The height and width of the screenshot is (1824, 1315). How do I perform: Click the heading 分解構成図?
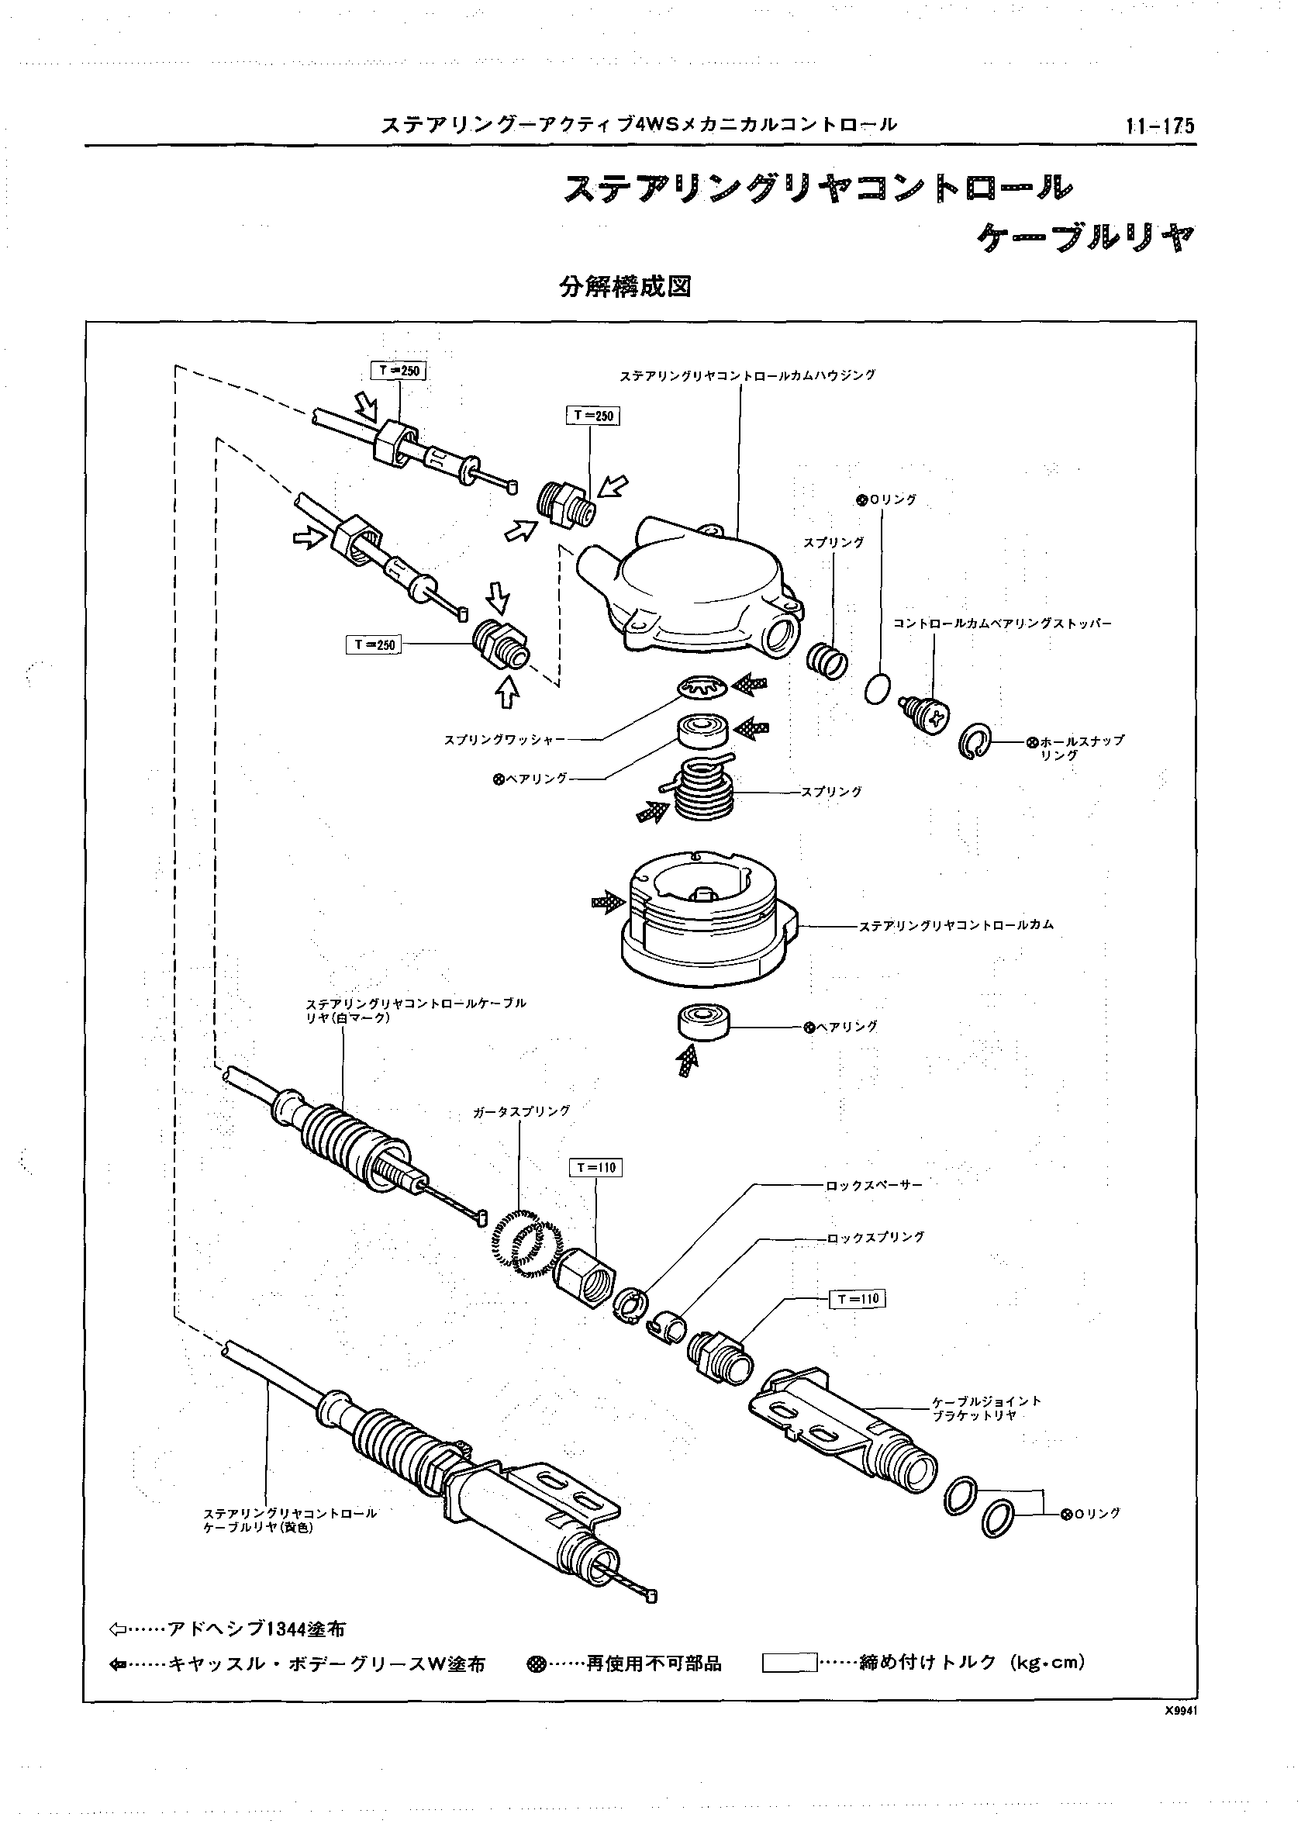[626, 287]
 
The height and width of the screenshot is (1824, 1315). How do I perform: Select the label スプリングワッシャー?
[505, 740]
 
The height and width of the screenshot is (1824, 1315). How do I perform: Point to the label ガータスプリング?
[522, 1111]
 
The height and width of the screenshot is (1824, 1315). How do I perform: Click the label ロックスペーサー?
[875, 1185]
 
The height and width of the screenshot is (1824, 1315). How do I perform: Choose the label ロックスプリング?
[875, 1237]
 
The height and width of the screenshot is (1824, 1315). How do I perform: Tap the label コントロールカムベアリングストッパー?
[1002, 624]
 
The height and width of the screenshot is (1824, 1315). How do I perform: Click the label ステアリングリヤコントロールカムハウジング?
[747, 375]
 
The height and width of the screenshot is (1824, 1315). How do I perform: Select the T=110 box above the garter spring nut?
[596, 1168]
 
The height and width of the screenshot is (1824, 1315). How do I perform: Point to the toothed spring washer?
[703, 686]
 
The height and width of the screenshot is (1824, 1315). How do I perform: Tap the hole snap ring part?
[975, 740]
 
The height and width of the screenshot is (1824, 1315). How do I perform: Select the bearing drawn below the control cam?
[703, 1023]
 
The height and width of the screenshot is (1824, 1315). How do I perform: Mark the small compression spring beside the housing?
[827, 660]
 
